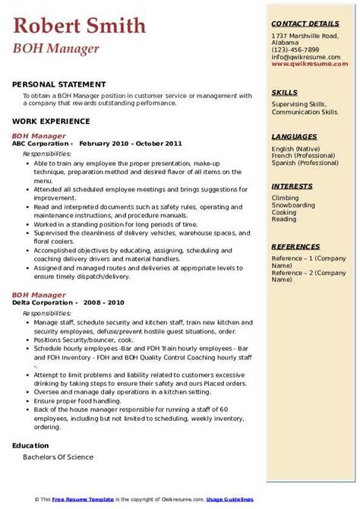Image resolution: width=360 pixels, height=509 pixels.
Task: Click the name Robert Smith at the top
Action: tap(80, 27)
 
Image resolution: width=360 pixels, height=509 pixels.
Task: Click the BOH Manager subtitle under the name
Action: tap(55, 49)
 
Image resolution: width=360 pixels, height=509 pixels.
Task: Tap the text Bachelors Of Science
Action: tap(58, 457)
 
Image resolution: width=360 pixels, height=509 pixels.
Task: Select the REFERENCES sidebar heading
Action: tap(296, 246)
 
